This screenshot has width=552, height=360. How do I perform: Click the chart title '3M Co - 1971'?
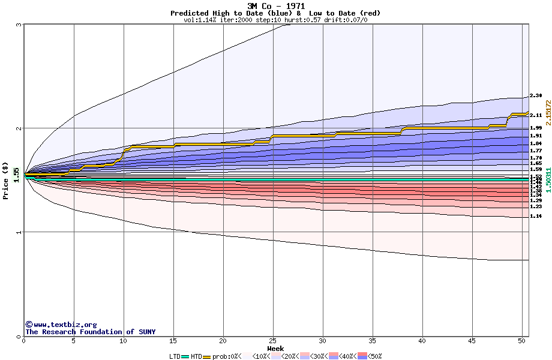click(276, 6)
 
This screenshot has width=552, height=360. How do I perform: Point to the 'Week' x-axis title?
click(275, 349)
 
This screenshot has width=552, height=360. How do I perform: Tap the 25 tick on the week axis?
click(273, 341)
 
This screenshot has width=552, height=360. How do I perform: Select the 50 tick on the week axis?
click(522, 341)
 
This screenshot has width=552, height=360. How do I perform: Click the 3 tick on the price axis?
click(19, 25)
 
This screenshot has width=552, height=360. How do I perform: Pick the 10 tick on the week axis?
click(123, 341)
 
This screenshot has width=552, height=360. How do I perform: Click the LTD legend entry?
click(175, 356)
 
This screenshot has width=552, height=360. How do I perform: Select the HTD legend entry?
click(196, 356)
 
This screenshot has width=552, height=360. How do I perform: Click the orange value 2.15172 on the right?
click(548, 113)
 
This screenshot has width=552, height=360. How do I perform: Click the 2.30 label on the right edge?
click(536, 96)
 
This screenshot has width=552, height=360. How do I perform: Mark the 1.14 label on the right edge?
click(536, 216)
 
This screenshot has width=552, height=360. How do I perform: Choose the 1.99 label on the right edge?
click(536, 128)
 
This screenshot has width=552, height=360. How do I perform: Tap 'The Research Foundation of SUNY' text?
click(90, 332)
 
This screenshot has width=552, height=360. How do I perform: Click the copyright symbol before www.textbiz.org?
click(28, 325)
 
